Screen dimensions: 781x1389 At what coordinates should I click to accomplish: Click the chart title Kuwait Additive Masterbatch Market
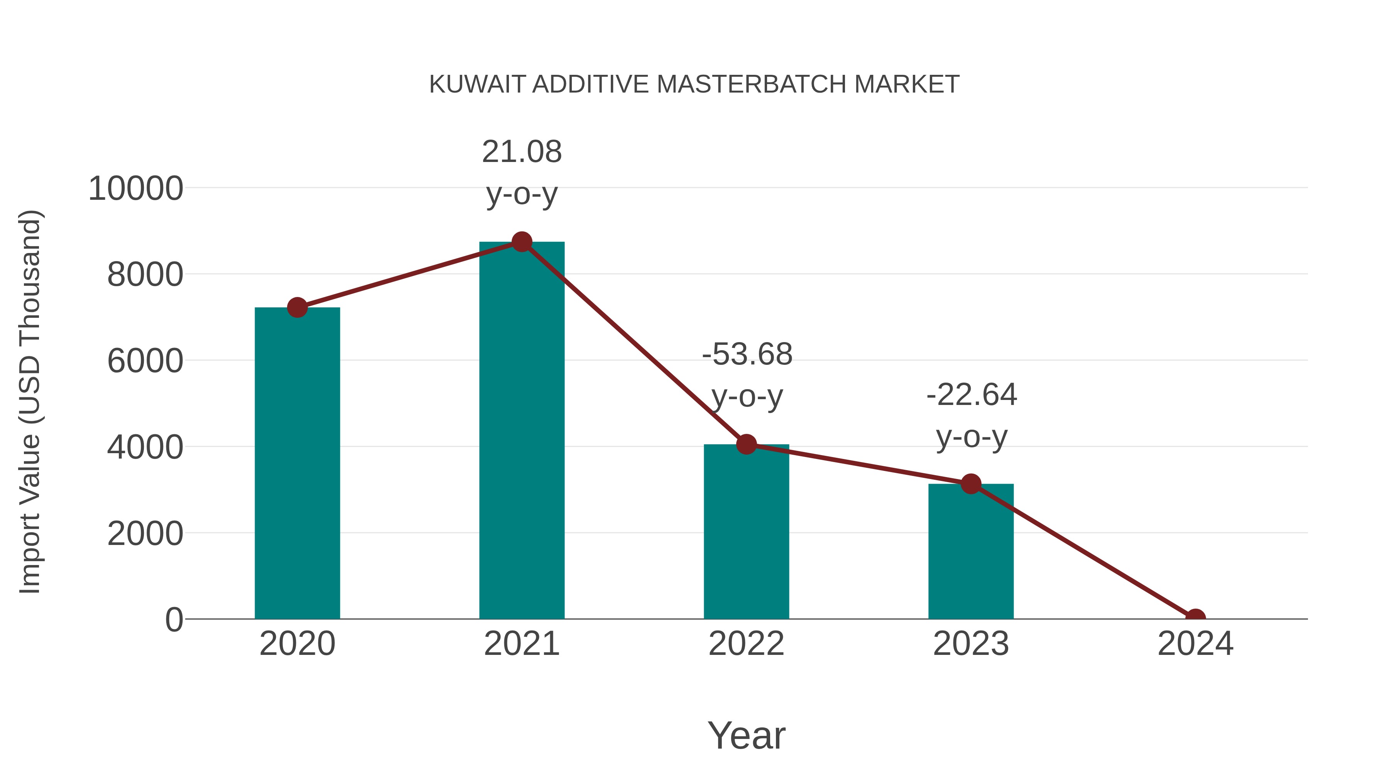click(694, 84)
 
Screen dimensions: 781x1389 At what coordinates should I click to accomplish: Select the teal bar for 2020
click(297, 464)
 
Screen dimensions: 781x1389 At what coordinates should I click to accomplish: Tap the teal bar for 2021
click(521, 431)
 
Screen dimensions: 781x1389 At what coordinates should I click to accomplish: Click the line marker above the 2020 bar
click(297, 307)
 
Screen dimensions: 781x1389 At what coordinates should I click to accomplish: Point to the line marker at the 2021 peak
click(521, 242)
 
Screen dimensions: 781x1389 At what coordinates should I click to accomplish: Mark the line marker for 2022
click(746, 444)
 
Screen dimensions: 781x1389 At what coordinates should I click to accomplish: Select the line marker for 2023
click(971, 484)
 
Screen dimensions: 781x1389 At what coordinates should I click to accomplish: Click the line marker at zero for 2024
click(1195, 618)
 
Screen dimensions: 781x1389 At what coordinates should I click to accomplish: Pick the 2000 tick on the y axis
click(145, 534)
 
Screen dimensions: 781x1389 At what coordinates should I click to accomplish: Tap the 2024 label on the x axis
click(1195, 644)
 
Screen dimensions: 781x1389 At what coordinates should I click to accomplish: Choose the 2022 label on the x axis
click(746, 644)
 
